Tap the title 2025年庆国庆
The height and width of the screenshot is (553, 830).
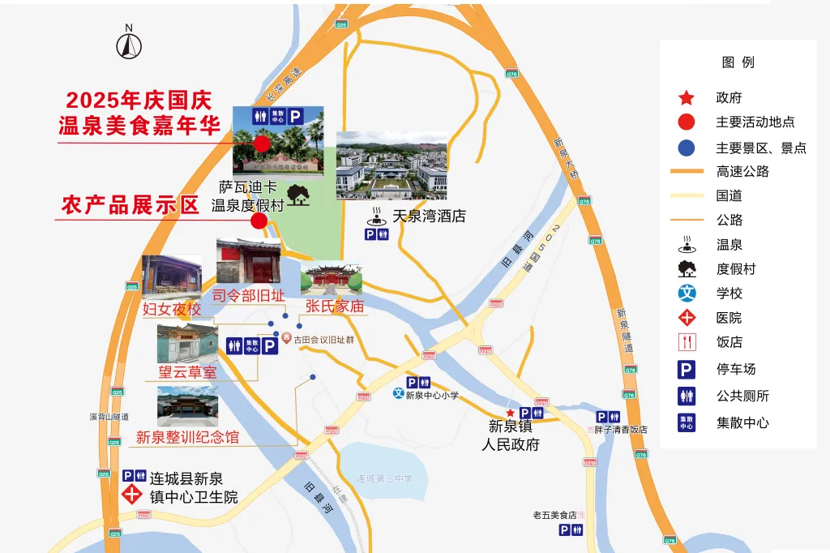coord(139,101)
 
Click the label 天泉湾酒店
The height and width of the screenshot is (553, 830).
coord(429,216)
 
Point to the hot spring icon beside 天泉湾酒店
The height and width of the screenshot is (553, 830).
coord(376,216)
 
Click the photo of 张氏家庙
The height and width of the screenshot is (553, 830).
coord(331,278)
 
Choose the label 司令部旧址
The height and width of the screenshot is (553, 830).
coord(249,295)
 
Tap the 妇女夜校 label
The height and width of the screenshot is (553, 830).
coord(172,309)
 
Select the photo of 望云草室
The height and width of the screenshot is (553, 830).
coord(187,343)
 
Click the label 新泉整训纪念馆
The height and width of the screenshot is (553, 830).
coord(187,438)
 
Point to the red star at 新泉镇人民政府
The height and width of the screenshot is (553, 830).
coord(510,414)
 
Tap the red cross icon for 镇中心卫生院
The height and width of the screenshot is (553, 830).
coord(129,495)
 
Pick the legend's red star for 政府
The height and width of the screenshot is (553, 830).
coord(687,98)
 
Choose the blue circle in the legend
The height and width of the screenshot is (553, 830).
coord(687,148)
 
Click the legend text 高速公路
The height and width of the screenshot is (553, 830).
coord(742,171)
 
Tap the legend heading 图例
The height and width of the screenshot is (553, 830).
coord(738,62)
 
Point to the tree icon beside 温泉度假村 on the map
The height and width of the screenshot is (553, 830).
coord(299,195)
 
